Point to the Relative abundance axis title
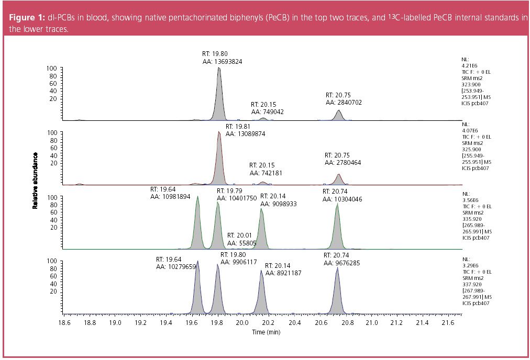[x=36, y=181]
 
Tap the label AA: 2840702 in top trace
[x=344, y=103]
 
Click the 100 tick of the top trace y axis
[x=52, y=69]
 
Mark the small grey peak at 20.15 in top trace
[x=263, y=119]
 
